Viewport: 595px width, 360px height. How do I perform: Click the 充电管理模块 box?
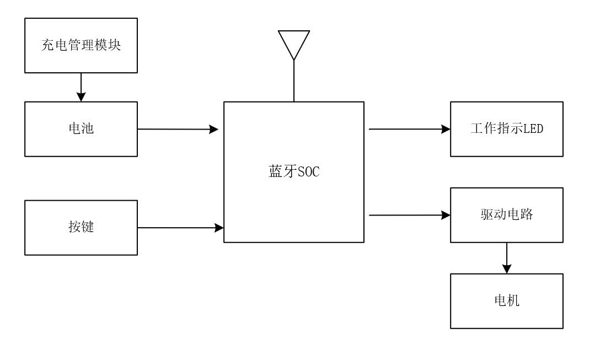click(81, 45)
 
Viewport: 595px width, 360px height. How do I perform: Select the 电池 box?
click(81, 129)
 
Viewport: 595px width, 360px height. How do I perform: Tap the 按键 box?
click(81, 227)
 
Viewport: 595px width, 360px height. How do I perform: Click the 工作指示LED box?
click(507, 129)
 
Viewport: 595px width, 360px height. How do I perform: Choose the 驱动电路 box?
click(507, 215)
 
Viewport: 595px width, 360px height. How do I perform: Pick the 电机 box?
click(507, 301)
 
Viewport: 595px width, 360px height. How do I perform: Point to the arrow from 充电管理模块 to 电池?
click(81, 87)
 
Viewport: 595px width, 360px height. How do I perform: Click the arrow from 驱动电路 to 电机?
click(507, 258)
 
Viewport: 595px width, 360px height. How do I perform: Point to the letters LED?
click(534, 129)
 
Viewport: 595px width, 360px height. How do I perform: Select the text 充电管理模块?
click(81, 45)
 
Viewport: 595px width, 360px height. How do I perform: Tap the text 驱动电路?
click(507, 215)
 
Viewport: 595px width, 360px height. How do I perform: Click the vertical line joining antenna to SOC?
click(294, 81)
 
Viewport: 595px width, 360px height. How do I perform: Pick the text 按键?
click(81, 227)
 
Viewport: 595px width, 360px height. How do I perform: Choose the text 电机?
click(507, 301)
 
